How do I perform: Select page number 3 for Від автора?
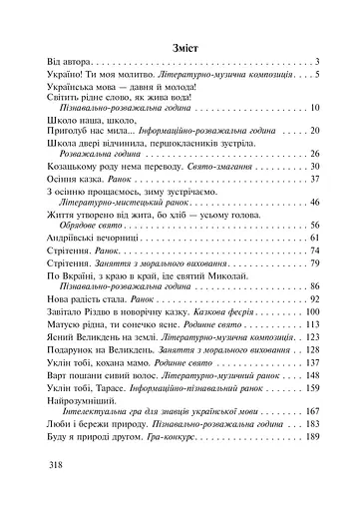(314, 62)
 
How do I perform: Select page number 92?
(312, 298)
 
